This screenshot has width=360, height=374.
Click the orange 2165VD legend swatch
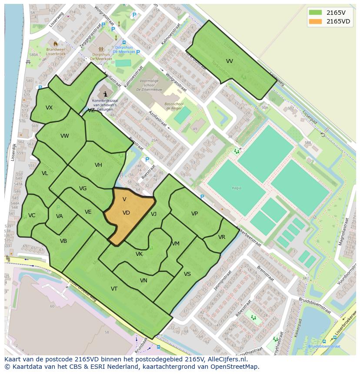tap(316, 21)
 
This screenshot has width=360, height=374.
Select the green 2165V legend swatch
tap(316, 12)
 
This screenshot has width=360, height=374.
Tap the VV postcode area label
tap(230, 61)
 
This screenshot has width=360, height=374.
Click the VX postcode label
tap(49, 108)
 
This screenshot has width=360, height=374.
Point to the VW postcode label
tap(65, 136)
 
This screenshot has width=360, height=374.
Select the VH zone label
tap(98, 165)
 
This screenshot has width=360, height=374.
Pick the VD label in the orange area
tap(126, 213)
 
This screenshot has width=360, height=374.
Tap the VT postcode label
tap(114, 289)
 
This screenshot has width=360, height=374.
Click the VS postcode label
tap(187, 274)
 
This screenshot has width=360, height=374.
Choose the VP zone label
tap(194, 214)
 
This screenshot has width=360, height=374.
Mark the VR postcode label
tap(222, 237)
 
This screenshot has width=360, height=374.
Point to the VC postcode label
tap(32, 215)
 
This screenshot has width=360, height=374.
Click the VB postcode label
tap(63, 241)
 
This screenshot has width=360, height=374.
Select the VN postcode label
tap(143, 281)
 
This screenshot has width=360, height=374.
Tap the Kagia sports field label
tap(237, 188)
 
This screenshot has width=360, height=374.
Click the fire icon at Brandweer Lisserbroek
tap(55, 43)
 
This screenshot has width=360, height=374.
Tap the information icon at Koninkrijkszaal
tap(105, 94)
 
